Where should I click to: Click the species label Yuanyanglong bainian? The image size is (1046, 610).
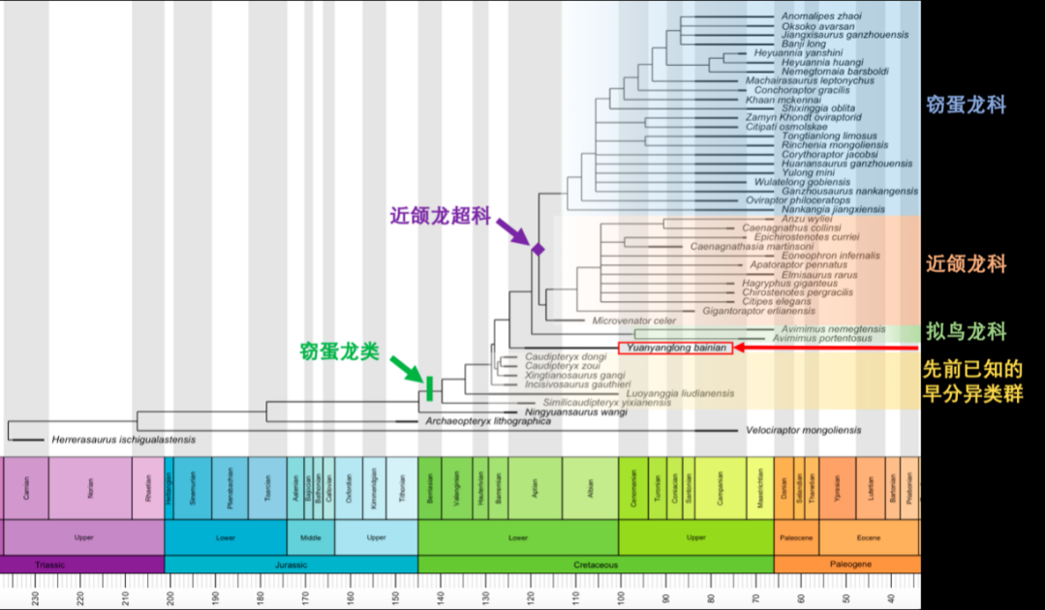tap(676, 348)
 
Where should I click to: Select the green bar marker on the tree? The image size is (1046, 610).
tap(428, 387)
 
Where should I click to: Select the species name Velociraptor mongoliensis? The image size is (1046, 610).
tap(802, 429)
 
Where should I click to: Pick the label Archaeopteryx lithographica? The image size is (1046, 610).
tap(488, 421)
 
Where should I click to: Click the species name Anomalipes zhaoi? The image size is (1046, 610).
tap(821, 16)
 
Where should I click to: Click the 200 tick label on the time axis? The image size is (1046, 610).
tap(169, 598)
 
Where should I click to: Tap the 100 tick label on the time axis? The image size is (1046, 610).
tap(620, 598)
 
